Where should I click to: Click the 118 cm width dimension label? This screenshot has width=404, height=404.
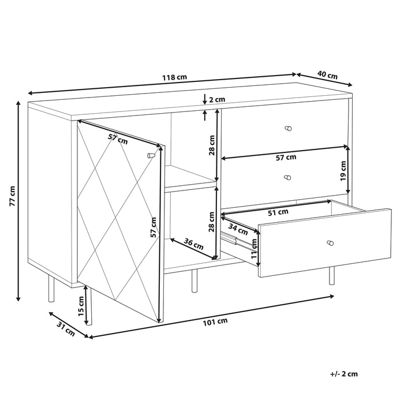point(174,77)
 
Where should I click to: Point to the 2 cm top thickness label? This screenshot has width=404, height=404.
point(216,99)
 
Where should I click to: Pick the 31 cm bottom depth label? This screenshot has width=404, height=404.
point(66,331)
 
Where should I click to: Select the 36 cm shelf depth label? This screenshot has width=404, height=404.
point(193,244)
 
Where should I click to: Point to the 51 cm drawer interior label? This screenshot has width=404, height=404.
point(279,212)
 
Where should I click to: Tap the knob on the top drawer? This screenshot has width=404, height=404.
point(289,128)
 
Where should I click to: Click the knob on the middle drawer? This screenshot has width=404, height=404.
point(288,177)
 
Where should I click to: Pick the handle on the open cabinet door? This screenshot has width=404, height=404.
point(151,155)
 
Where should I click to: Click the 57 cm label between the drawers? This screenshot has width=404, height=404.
point(286,156)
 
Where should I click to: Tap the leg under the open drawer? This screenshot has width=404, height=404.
point(332,276)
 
